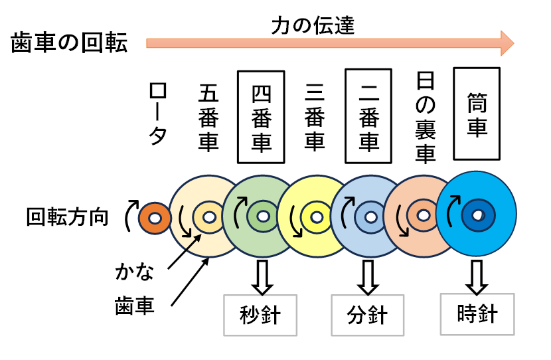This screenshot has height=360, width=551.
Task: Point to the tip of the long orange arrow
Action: (x=512, y=43)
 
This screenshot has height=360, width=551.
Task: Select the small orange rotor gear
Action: (x=153, y=218)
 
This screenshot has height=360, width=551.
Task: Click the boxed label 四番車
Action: (x=260, y=117)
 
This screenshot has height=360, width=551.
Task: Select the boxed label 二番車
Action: (x=368, y=117)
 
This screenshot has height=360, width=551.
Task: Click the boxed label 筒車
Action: (x=476, y=114)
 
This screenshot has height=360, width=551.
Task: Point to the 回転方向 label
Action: (x=68, y=217)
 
